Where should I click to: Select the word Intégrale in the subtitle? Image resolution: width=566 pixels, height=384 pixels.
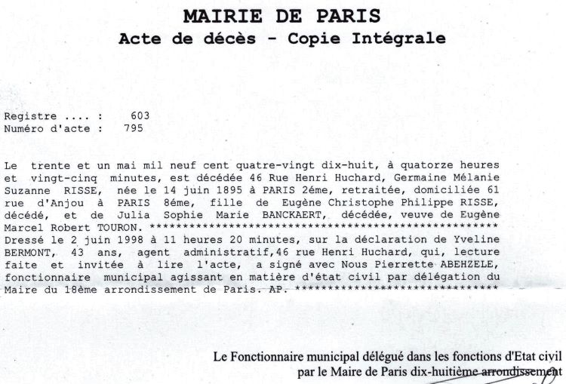[x=405, y=38]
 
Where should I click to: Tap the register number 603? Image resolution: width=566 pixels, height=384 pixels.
[x=140, y=115]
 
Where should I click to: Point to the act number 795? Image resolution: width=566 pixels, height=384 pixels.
[x=133, y=127]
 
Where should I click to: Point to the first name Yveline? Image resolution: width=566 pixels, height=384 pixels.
[x=475, y=238]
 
